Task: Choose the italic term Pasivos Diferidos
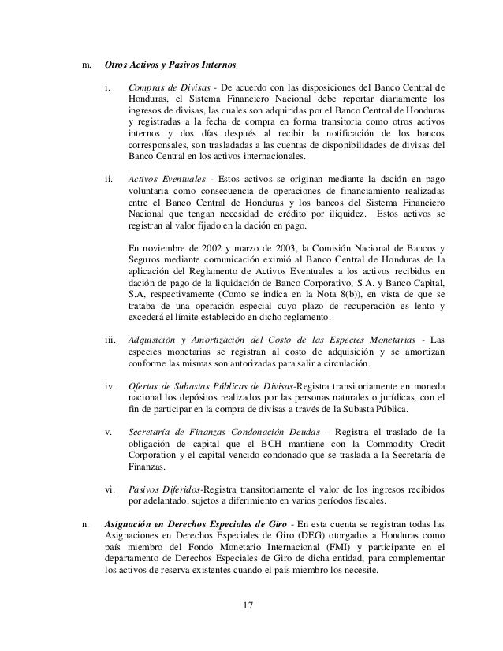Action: click(x=165, y=489)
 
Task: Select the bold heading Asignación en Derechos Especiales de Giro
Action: click(x=195, y=523)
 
